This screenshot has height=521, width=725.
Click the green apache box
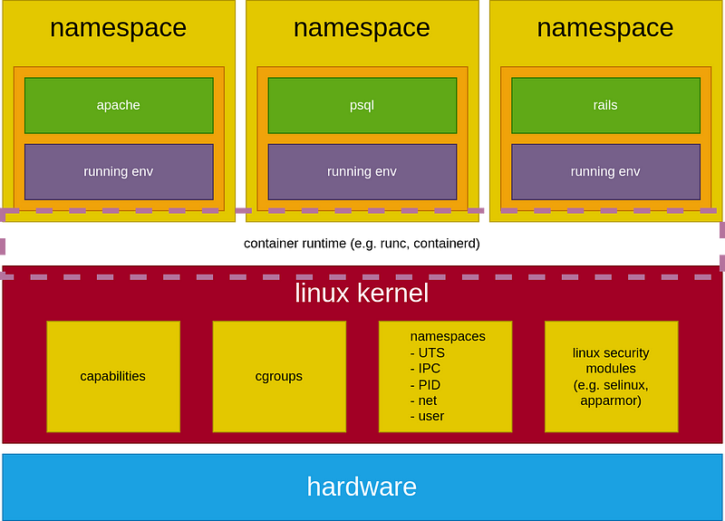click(x=119, y=105)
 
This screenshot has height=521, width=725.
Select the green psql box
click(x=362, y=105)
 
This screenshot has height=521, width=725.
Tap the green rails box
click(x=605, y=105)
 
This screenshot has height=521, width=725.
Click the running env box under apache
click(x=119, y=171)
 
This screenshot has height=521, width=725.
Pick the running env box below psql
click(x=362, y=171)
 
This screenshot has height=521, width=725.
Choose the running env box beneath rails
click(x=605, y=171)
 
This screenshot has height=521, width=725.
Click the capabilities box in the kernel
click(x=113, y=376)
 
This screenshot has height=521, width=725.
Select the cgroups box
click(x=279, y=376)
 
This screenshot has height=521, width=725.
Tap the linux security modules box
click(x=611, y=376)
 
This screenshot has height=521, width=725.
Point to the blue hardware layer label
click(x=362, y=487)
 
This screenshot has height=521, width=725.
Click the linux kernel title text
click(x=362, y=293)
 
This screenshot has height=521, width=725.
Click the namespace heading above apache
click(x=119, y=28)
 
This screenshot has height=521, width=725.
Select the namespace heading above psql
click(x=362, y=28)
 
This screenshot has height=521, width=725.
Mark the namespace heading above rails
click(x=605, y=28)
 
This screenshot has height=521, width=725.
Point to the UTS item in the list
click(x=430, y=352)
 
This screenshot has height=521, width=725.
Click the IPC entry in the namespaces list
click(x=430, y=369)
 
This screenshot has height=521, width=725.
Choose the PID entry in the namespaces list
click(x=429, y=384)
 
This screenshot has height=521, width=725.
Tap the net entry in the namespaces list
click(x=426, y=400)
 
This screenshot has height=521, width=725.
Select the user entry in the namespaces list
click(x=430, y=416)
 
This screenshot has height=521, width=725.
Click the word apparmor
click(x=611, y=400)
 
